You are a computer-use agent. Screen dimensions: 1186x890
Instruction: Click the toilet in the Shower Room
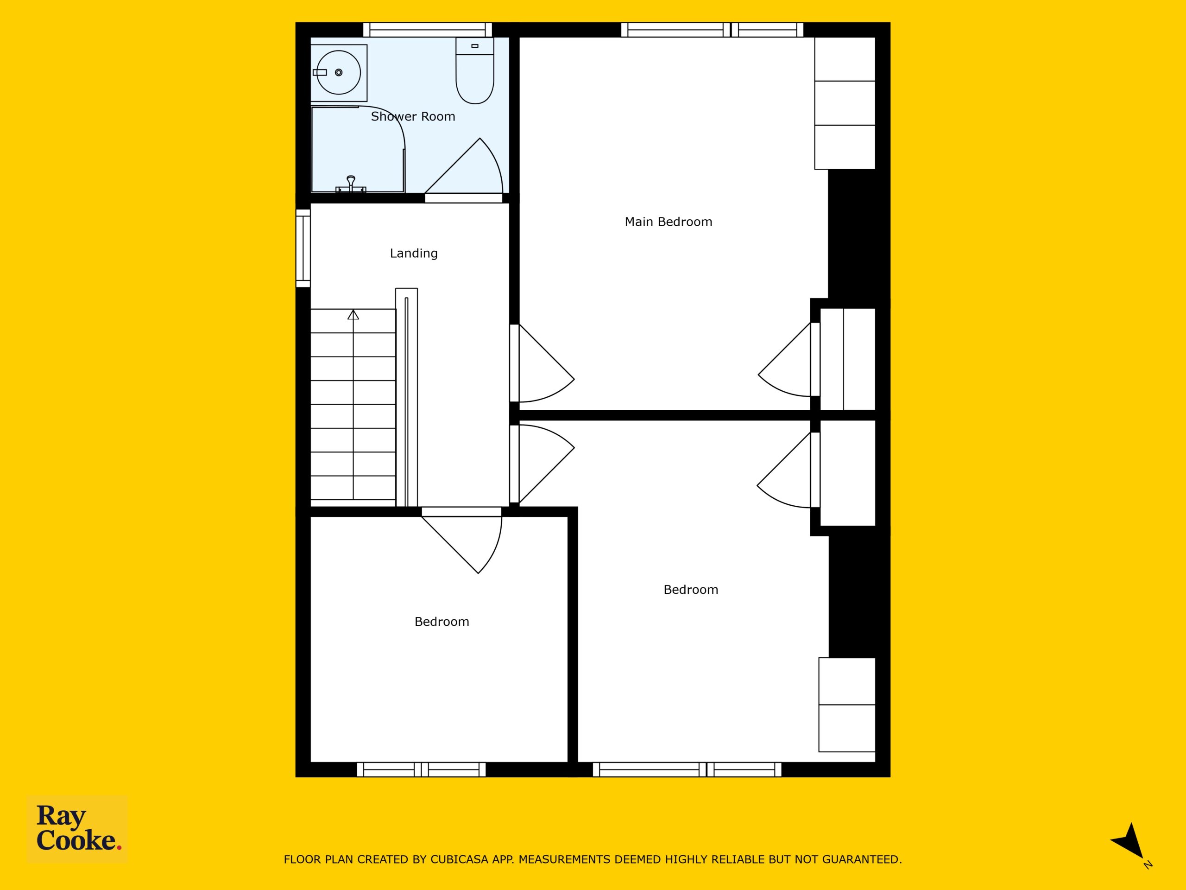tap(474, 70)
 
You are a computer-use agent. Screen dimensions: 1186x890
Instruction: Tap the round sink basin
tap(338, 72)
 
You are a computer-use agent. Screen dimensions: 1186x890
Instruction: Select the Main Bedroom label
tap(668, 222)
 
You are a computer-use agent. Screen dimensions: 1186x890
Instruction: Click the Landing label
tap(413, 253)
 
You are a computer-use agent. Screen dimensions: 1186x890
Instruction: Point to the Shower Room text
tap(413, 116)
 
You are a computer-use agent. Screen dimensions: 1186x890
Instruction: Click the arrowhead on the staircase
tap(353, 314)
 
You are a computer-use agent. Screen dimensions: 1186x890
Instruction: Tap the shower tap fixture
tap(351, 184)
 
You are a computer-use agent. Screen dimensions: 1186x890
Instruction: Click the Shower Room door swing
tap(464, 166)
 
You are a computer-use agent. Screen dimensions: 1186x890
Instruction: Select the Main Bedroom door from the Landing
tap(542, 363)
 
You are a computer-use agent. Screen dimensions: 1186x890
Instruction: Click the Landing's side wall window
tap(303, 248)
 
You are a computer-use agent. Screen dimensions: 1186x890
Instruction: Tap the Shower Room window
tap(427, 30)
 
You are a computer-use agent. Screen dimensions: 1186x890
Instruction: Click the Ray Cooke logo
tap(77, 828)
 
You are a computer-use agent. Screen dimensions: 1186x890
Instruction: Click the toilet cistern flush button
tap(474, 46)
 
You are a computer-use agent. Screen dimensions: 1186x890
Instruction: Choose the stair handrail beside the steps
tap(406, 397)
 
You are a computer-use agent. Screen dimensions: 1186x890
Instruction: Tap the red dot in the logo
tap(119, 848)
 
